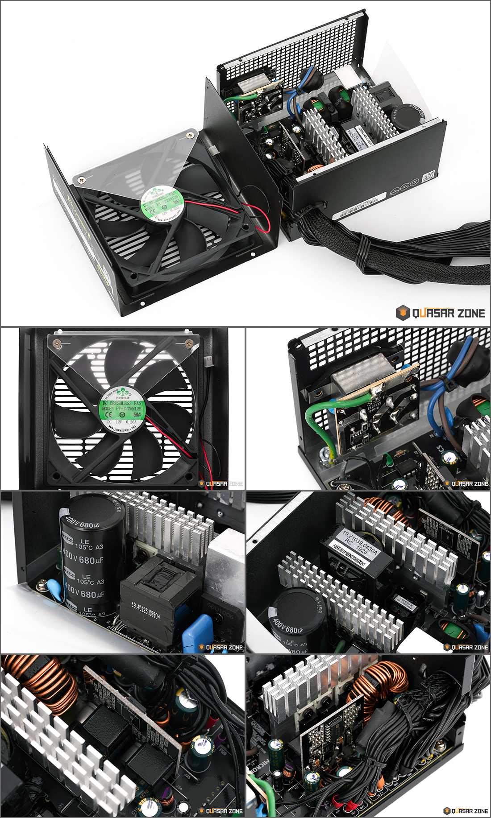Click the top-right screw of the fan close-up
[x=189, y=343]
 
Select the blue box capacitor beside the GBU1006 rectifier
[x=196, y=631]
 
